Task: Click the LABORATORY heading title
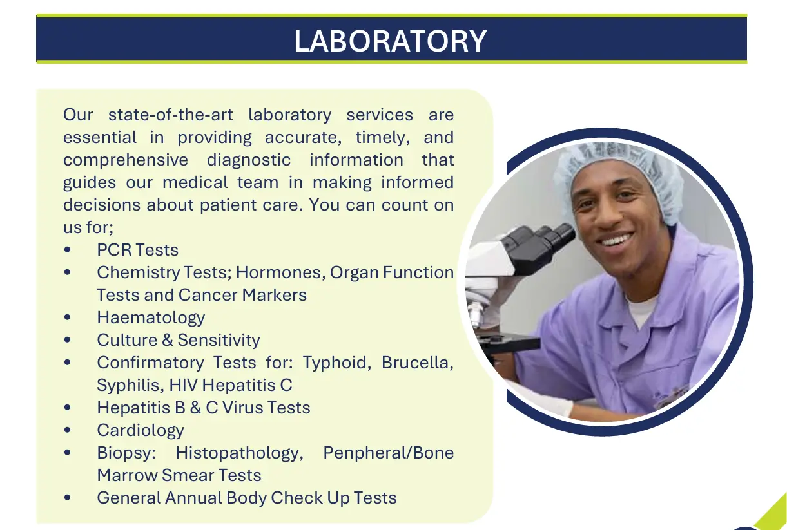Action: pos(391,41)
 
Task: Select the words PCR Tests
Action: pos(138,250)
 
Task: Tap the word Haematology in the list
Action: pos(151,318)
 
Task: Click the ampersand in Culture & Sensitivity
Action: pos(168,340)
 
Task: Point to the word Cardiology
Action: pos(141,431)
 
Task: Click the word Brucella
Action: pos(418,363)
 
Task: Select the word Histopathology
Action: pos(239,453)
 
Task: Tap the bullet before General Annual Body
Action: pos(68,498)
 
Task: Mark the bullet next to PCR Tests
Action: pos(68,250)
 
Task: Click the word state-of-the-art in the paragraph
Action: pos(170,115)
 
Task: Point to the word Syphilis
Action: pos(130,385)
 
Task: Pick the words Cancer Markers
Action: pos(242,295)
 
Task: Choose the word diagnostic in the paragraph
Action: pos(249,160)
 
